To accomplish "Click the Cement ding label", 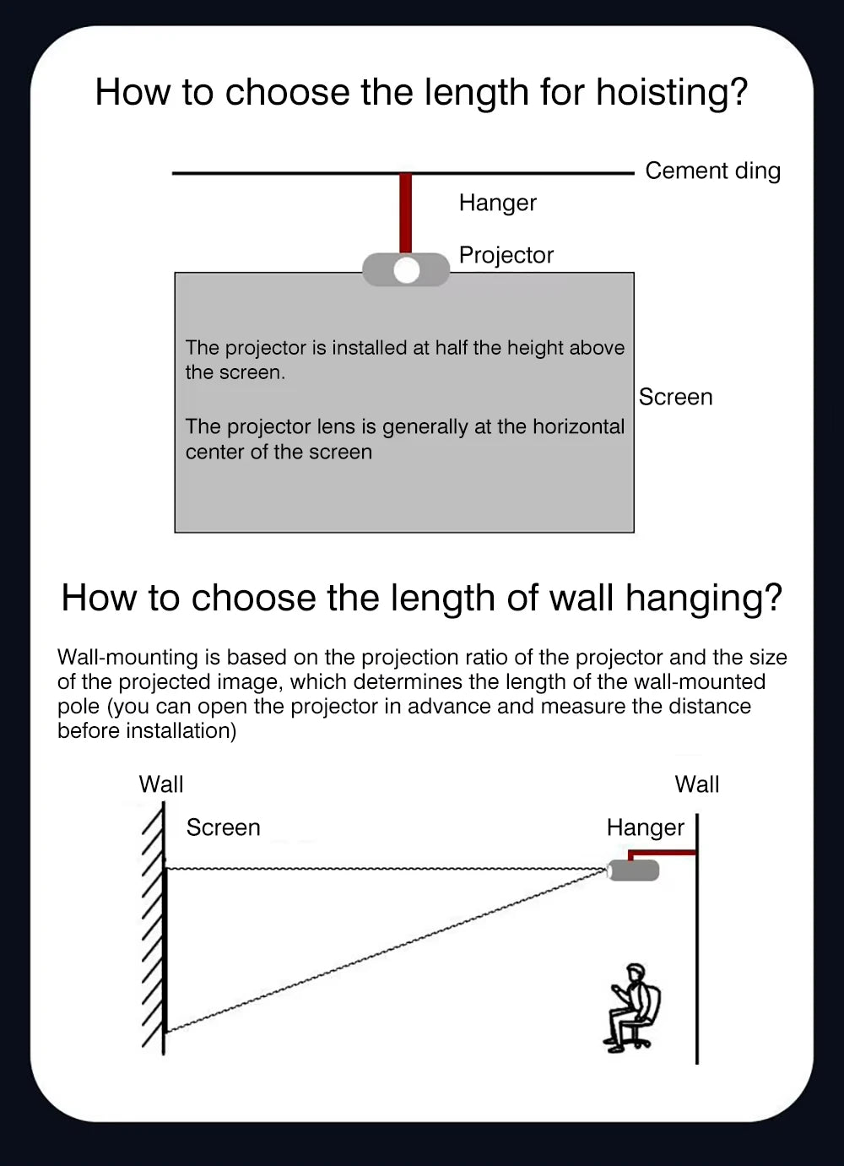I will (x=712, y=171).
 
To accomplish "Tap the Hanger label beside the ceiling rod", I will (x=497, y=203).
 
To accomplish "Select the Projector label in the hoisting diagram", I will (x=506, y=255).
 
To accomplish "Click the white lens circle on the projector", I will (x=406, y=270).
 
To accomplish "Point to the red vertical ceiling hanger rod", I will (x=405, y=213).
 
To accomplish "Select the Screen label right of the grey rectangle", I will (x=675, y=397).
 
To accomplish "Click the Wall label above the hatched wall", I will (x=161, y=784).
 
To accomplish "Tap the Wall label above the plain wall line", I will (x=696, y=784).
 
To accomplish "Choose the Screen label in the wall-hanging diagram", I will (x=223, y=827).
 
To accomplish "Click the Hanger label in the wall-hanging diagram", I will (x=645, y=827).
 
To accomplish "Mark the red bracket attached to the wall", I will (x=663, y=854).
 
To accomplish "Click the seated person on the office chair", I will (x=632, y=1008).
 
